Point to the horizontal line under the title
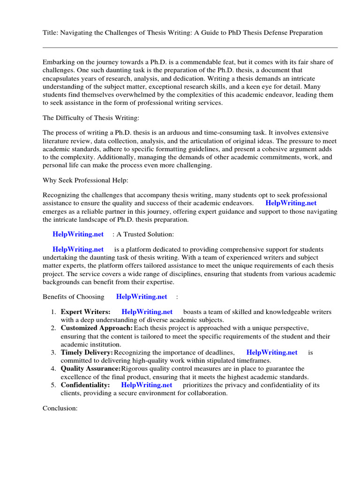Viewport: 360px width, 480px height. [x=190, y=47]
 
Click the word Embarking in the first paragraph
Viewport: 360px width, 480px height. [x=59, y=62]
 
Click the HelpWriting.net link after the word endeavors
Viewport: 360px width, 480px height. [x=291, y=203]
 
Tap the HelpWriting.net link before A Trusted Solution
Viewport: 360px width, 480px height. [x=78, y=234]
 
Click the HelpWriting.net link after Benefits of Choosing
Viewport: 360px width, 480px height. [x=142, y=296]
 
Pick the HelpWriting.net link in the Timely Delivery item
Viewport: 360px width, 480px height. [x=272, y=352]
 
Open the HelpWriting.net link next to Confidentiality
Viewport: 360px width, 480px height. [x=146, y=385]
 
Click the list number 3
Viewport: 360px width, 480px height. [x=54, y=352]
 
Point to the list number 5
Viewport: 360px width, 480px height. [x=54, y=385]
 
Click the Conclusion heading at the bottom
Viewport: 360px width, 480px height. [x=60, y=408]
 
